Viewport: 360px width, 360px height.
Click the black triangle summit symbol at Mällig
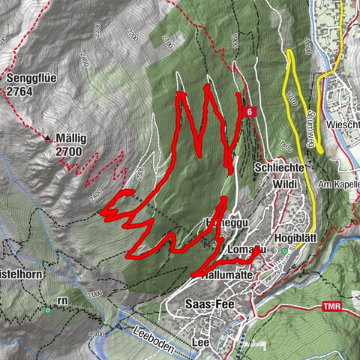point(47,139)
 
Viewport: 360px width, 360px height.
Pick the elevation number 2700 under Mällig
point(69,151)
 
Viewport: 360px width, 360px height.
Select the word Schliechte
point(279,167)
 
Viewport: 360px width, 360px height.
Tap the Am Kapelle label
point(335,185)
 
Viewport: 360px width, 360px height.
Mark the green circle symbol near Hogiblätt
point(284,251)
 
